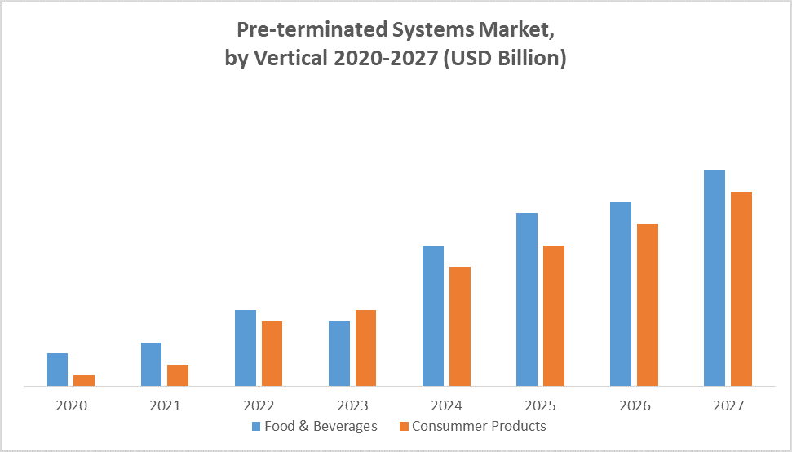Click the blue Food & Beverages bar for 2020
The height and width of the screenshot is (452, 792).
(x=57, y=370)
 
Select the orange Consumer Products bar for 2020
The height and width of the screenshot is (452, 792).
(x=84, y=380)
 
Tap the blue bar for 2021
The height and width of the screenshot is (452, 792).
(x=151, y=364)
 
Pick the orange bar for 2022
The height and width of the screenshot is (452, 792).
(x=272, y=353)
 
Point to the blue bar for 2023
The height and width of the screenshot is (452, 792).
(x=338, y=353)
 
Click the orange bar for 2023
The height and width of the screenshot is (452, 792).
(x=365, y=348)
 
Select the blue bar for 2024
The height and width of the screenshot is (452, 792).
(x=433, y=316)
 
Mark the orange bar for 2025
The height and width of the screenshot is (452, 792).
(x=553, y=316)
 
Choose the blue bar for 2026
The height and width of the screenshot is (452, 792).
(x=621, y=294)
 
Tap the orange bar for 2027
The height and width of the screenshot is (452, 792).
(x=741, y=289)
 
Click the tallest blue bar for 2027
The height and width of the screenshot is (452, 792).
(x=715, y=277)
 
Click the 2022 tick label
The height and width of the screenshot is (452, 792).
(x=259, y=405)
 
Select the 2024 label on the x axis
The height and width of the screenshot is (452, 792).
(x=446, y=405)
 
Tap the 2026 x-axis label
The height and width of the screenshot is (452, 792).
(x=634, y=405)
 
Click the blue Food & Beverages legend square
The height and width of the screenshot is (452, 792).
(x=256, y=426)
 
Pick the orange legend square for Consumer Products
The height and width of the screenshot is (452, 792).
(x=404, y=426)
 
